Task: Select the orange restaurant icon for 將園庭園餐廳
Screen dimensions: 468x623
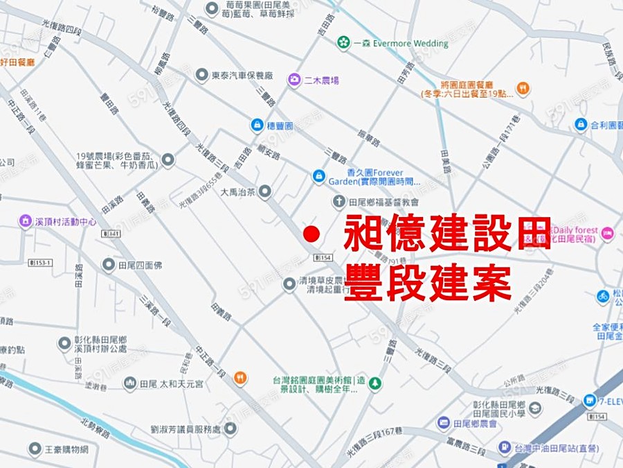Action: pos(523,88)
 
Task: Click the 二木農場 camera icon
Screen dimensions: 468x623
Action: pos(294,80)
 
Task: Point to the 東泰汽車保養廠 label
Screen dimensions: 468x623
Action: pos(242,75)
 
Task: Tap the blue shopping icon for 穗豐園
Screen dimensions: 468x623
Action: pos(255,125)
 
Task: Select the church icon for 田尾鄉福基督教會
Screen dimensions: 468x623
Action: pos(338,202)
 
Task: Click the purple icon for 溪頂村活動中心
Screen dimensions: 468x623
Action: pos(26,222)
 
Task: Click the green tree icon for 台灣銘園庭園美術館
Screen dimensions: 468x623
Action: pos(374,383)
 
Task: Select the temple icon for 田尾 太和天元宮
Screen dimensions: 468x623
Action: pos(129,383)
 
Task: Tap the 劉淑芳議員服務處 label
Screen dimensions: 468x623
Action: pos(186,430)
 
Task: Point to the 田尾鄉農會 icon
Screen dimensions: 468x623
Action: pos(444,423)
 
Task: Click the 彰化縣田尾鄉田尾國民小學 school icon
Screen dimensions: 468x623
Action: pos(535,408)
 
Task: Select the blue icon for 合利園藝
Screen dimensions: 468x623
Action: pos(581,125)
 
